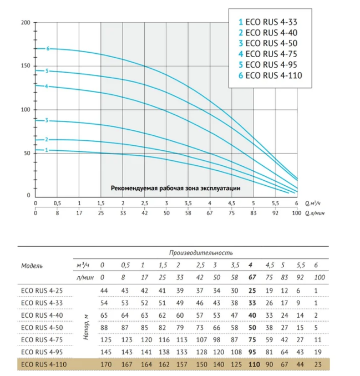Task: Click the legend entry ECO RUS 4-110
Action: [270, 75]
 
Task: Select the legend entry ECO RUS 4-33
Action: [268, 22]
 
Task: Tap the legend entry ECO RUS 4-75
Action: [268, 54]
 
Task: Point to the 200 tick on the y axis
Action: [26, 23]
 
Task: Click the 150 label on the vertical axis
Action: [26, 65]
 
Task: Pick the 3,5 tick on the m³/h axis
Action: [188, 204]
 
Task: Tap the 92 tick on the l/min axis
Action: [275, 213]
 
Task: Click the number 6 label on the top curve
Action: [48, 49]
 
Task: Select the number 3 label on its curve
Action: [47, 120]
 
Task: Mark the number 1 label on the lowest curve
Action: [47, 150]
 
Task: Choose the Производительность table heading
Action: [201, 253]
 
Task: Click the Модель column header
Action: [32, 266]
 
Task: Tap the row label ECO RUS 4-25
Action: [42, 291]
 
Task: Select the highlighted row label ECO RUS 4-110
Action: [44, 364]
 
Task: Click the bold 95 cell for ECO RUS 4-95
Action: [252, 352]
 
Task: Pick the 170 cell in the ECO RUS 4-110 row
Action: [106, 364]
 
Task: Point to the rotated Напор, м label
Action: [87, 327]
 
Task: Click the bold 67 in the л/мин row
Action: [252, 277]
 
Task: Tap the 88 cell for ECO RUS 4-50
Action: [104, 328]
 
